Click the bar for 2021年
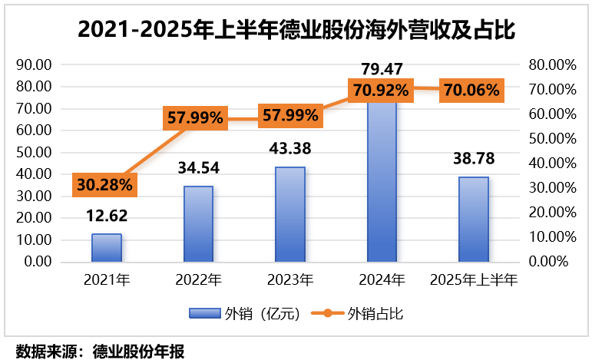[106, 247]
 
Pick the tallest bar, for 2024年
[382, 181]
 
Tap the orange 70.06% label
[471, 90]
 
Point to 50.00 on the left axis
[35, 153]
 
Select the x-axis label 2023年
[290, 279]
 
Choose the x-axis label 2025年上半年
[474, 279]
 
